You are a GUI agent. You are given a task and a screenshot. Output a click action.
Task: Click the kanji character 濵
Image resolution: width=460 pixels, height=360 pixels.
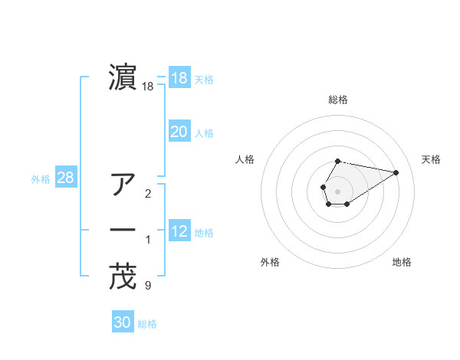click(x=123, y=78)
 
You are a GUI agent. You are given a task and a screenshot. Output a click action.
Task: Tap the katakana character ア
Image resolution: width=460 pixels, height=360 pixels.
click(x=123, y=185)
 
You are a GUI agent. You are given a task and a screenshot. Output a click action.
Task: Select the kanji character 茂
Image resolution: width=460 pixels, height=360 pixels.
click(x=123, y=278)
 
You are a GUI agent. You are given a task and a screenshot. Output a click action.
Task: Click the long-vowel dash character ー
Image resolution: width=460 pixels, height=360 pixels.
click(x=123, y=230)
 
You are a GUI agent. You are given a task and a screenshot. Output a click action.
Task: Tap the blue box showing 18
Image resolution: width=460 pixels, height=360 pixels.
click(x=179, y=78)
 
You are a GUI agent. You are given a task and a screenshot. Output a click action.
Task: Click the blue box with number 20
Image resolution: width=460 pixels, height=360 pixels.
click(x=179, y=132)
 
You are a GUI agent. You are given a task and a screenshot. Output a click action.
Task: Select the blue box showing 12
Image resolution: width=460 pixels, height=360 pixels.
click(x=179, y=231)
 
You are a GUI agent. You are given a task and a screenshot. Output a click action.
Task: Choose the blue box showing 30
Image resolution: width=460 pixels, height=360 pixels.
click(x=123, y=322)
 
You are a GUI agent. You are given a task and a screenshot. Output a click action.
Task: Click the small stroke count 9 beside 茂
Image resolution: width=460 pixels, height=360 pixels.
click(x=147, y=286)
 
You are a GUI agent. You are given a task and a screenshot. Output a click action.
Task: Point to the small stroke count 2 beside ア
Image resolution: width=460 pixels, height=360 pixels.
click(x=147, y=193)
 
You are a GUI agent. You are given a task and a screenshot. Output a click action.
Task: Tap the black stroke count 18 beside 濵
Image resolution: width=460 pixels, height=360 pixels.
click(x=148, y=87)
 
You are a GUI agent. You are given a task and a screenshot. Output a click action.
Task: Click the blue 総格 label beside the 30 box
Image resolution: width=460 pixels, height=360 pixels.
click(x=147, y=324)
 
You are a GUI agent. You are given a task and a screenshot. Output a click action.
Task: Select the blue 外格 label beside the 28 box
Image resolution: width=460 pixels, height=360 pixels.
click(x=41, y=179)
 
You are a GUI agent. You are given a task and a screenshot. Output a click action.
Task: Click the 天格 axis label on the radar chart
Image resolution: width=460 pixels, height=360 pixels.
click(x=431, y=159)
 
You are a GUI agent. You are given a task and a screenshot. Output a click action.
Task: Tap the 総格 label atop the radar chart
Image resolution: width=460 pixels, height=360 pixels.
click(x=338, y=100)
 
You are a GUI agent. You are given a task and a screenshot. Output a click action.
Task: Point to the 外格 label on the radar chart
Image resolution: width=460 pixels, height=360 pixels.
click(x=270, y=262)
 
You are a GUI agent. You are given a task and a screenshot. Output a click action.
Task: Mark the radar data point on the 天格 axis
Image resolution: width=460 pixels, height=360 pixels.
click(x=396, y=172)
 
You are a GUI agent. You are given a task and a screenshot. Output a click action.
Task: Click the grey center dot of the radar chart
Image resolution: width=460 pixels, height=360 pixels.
click(x=338, y=190)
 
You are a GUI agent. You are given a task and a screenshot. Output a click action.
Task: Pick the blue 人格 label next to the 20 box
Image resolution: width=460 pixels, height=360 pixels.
click(x=204, y=133)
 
